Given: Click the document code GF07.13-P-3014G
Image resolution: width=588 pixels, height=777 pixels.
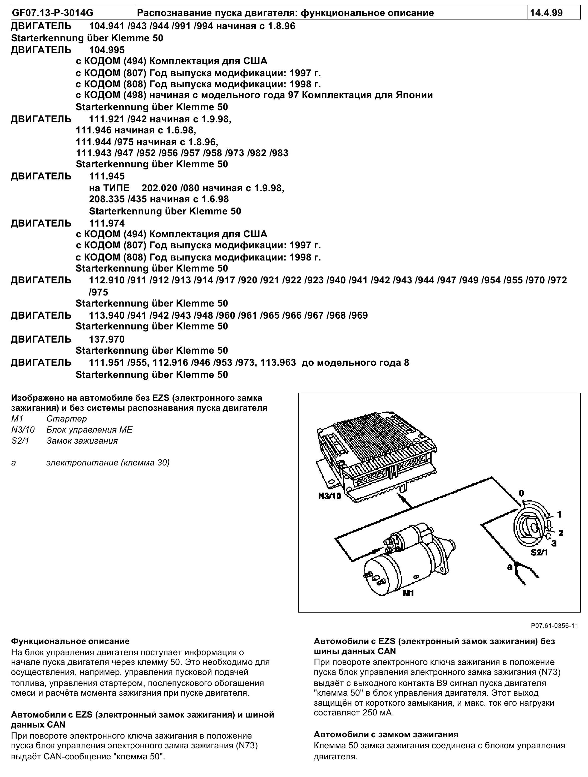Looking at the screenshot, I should pyautogui.click(x=53, y=13).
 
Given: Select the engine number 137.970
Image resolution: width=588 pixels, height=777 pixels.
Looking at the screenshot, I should pyautogui.click(x=107, y=339).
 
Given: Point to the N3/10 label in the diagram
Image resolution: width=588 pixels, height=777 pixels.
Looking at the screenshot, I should pyautogui.click(x=330, y=496).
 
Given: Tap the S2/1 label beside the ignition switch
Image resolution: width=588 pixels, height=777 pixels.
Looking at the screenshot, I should pyautogui.click(x=539, y=552).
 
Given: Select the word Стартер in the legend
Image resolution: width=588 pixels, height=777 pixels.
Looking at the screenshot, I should pyautogui.click(x=66, y=418).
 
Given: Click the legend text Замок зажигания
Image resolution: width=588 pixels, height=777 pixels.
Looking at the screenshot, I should pyautogui.click(x=82, y=440).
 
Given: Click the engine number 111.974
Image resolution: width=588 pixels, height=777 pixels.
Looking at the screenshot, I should pyautogui.click(x=107, y=223).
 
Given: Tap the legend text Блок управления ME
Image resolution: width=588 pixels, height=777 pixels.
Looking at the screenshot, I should pyautogui.click(x=89, y=430).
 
